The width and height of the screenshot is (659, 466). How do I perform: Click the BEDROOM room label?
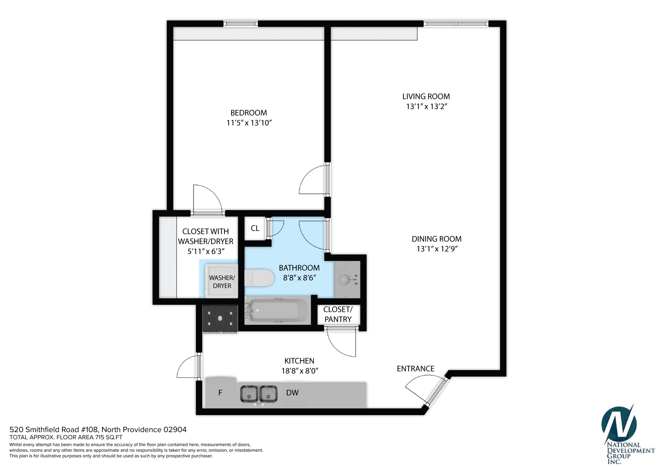pos(249,113)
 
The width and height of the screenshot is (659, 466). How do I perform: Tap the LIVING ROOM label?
pos(426,97)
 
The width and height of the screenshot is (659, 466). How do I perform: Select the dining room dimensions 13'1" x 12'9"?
pos(437,249)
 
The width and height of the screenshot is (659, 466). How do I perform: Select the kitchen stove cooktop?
pos(220,318)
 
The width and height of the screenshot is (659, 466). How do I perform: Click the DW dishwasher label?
pos(292,393)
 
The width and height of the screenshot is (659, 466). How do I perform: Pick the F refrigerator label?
pos(220,393)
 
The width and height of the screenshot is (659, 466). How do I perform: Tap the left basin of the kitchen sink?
pos(249,394)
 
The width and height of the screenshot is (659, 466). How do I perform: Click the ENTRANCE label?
pos(415,369)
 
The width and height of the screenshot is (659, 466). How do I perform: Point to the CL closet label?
pos(255,228)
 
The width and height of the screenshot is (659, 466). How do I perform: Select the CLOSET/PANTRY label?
pos(338,314)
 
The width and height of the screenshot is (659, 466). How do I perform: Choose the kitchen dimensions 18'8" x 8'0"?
pos(300,371)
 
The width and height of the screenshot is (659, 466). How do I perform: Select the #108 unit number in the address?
pos(90,429)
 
